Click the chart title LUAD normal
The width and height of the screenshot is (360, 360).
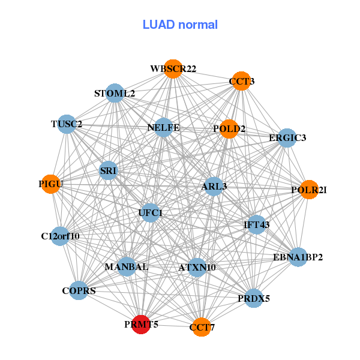coord(180,25)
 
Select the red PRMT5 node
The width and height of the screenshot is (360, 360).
coord(141,325)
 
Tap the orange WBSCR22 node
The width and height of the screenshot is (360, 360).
coord(173,69)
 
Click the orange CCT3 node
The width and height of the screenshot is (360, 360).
coord(241,81)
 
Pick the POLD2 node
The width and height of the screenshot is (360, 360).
coord(229,129)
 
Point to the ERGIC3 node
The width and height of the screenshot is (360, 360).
coord(287,138)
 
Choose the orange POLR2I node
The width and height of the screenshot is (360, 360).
coord(308,190)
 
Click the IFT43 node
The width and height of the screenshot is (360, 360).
coord(256,224)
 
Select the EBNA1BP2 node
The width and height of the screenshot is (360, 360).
coord(298,257)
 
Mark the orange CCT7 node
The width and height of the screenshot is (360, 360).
coord(202,327)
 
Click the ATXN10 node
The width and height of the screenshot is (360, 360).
coord(197,267)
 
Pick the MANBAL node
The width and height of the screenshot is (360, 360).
coord(126,266)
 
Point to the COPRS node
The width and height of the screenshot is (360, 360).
coord(79,291)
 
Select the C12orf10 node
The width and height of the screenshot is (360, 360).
coord(60,236)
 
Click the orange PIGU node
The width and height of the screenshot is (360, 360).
coord(50,184)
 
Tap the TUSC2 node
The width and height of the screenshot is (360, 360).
coord(67,125)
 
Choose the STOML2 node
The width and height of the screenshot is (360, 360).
coord(115,94)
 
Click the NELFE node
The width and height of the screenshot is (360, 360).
coord(163,128)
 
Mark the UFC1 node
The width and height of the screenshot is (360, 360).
coord(150,212)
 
